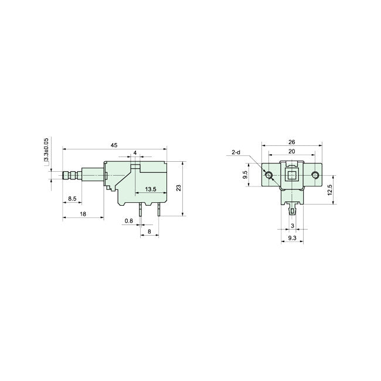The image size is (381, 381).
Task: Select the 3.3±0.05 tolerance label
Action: pos(46,151)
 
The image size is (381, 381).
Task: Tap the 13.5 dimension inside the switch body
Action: pos(150,189)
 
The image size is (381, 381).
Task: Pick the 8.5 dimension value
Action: pos(72,199)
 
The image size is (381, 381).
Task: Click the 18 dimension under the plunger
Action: pos(83,215)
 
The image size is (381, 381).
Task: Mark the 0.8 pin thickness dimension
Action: pos(128,221)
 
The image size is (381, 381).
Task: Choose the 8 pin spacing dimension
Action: pos(149,232)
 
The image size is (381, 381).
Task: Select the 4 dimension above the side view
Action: pos(135,153)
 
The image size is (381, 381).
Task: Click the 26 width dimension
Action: pos(291,141)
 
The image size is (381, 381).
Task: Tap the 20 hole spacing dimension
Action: pos(291,151)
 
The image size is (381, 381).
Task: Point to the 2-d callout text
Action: pos(236,152)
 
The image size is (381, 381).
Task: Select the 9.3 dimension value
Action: pos(291,239)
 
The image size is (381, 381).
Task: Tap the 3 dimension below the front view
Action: pos(292,226)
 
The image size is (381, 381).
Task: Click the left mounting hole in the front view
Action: pos(268,175)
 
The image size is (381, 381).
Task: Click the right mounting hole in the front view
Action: pos(315,175)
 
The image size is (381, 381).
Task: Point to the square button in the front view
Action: pos(291,175)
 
